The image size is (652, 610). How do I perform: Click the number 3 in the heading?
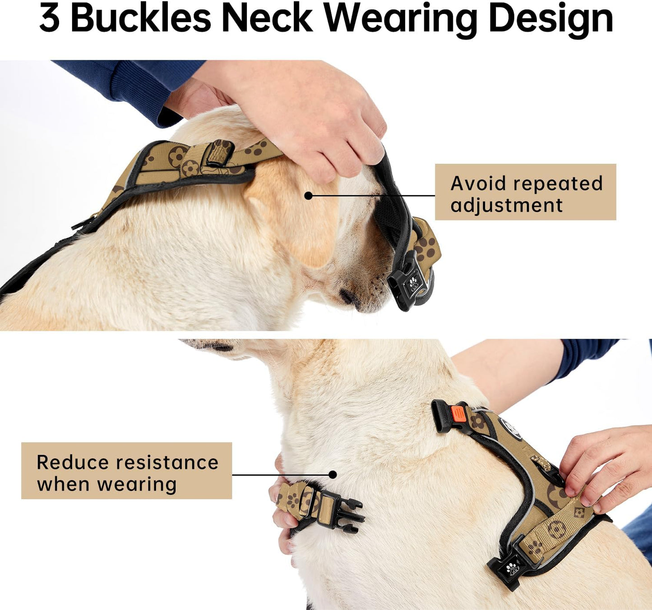[x=49, y=19]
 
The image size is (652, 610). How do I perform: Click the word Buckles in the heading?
[x=141, y=19]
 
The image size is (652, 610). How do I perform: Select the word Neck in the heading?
[x=267, y=19]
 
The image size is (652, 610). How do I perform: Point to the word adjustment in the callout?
[x=506, y=206]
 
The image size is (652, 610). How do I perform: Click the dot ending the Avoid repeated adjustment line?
[x=308, y=196]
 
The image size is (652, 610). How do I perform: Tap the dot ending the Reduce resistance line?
[x=333, y=474]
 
